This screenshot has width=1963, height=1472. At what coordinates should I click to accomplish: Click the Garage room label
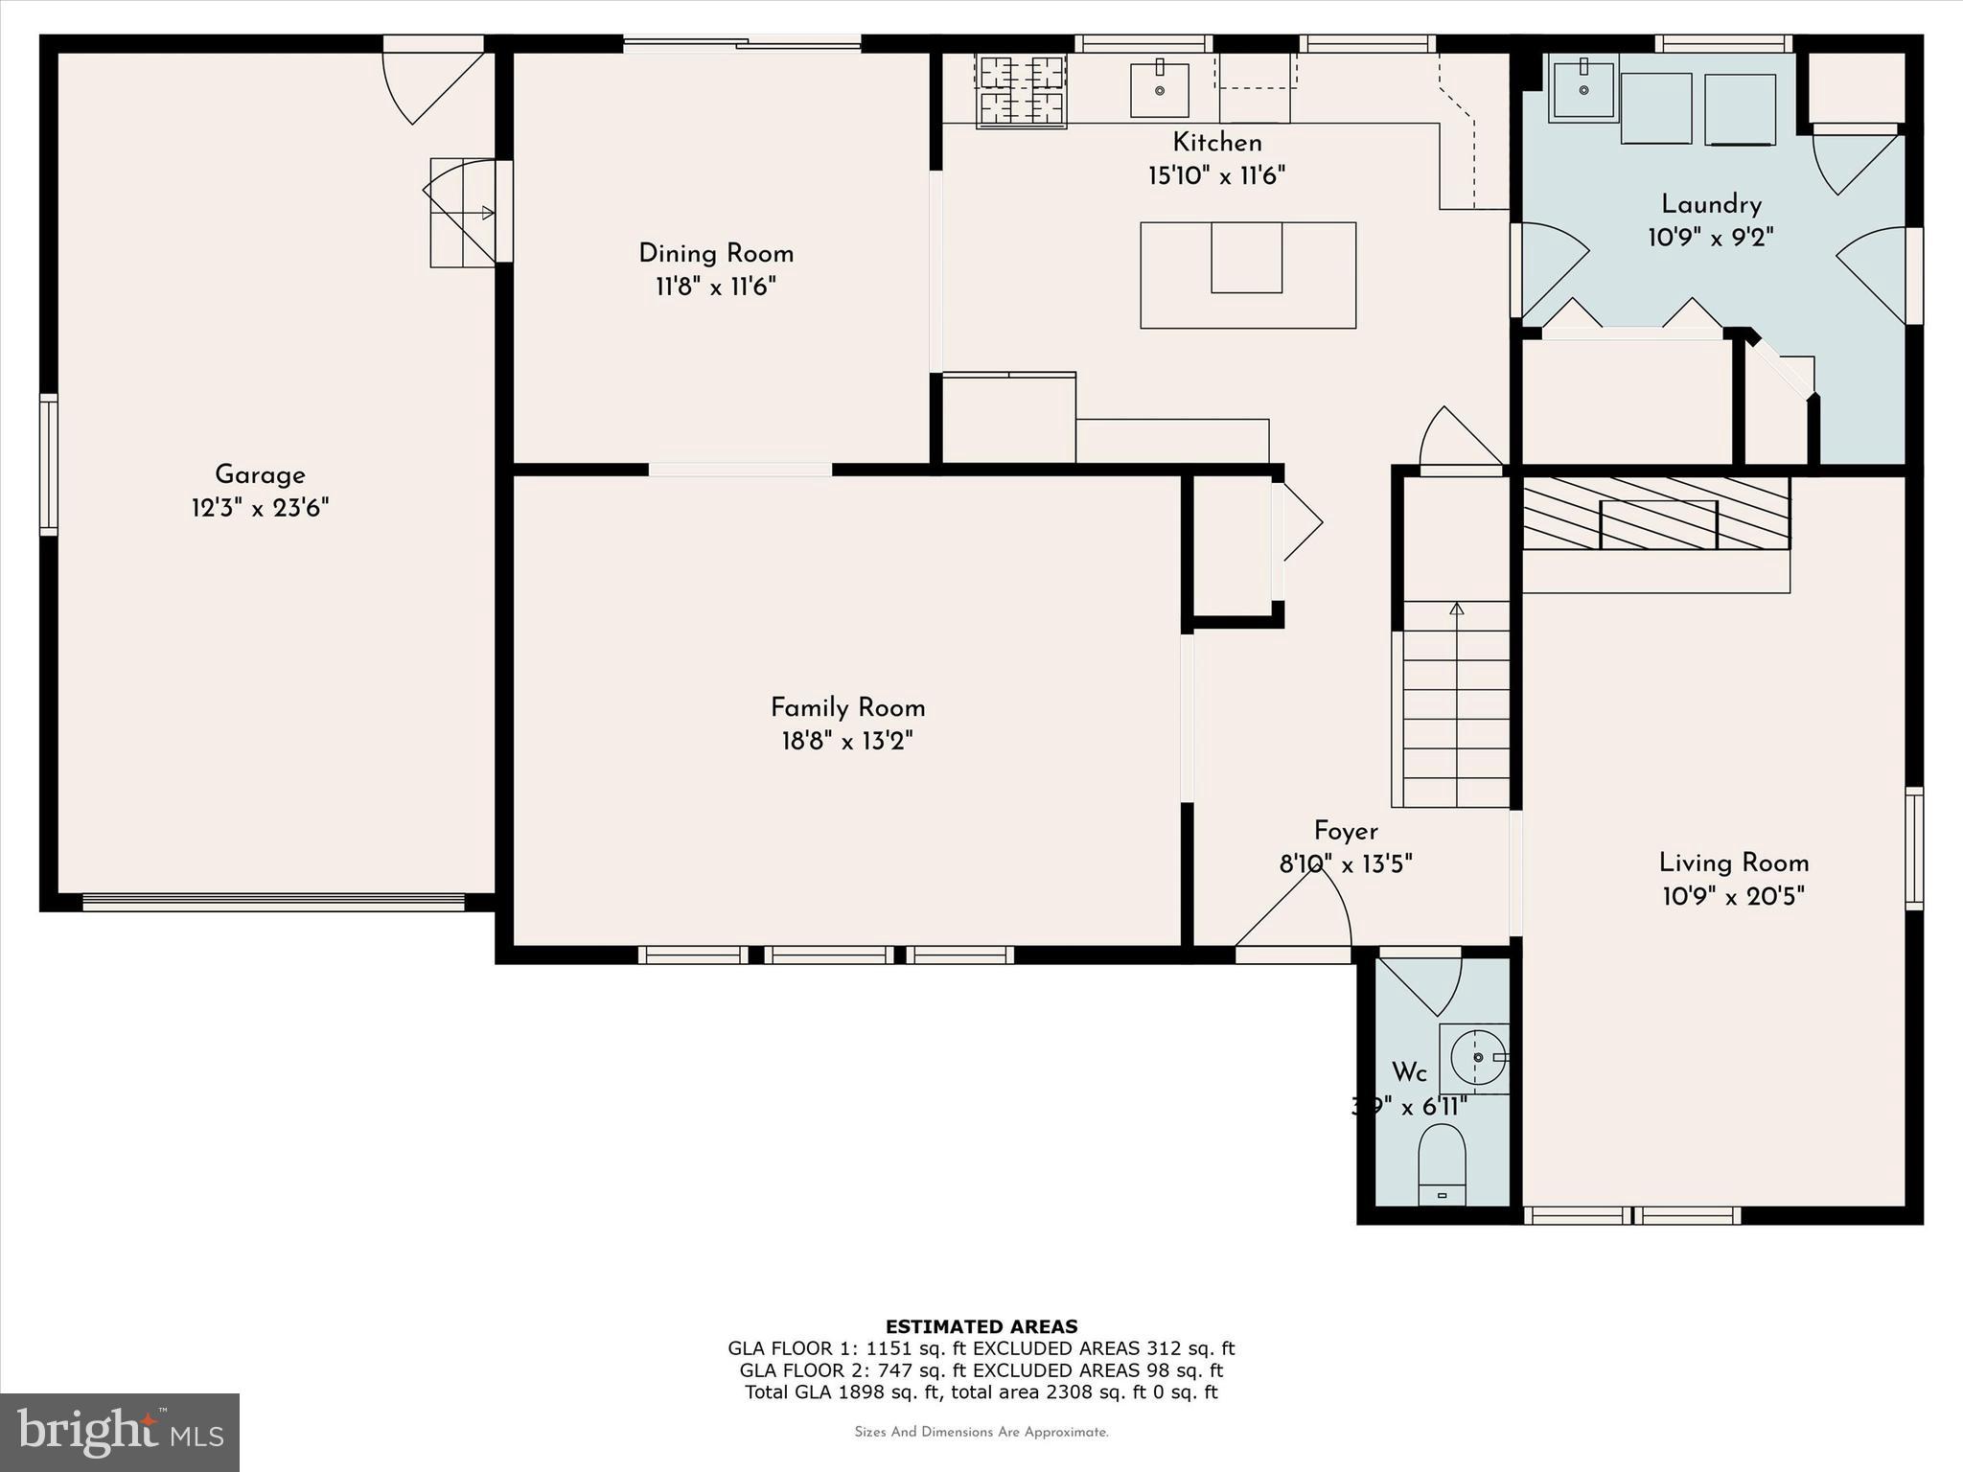[260, 474]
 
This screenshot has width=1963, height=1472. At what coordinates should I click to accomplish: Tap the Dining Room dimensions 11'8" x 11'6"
[715, 287]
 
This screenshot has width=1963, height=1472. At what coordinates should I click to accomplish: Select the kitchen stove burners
[1021, 90]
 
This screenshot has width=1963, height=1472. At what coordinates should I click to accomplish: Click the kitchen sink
[1160, 90]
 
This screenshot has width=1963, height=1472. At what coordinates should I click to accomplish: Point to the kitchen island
[1247, 275]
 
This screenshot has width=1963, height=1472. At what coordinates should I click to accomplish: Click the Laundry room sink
[1583, 88]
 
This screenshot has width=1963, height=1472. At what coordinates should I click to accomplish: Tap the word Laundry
[1711, 204]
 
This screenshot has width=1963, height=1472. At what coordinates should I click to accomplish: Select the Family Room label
[847, 708]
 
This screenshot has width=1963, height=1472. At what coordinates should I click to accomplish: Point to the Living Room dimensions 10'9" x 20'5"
[1733, 897]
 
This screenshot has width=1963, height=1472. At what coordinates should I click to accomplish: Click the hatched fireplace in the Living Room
[1656, 515]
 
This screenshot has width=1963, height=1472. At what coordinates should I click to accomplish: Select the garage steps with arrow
[462, 213]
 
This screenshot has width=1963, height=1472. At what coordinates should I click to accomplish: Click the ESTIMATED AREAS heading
[981, 1326]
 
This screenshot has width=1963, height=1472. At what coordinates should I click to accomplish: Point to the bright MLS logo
[120, 1432]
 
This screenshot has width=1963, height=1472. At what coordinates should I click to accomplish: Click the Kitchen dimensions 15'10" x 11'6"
[1216, 176]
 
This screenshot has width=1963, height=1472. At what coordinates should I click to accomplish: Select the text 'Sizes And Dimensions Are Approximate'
[981, 1432]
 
